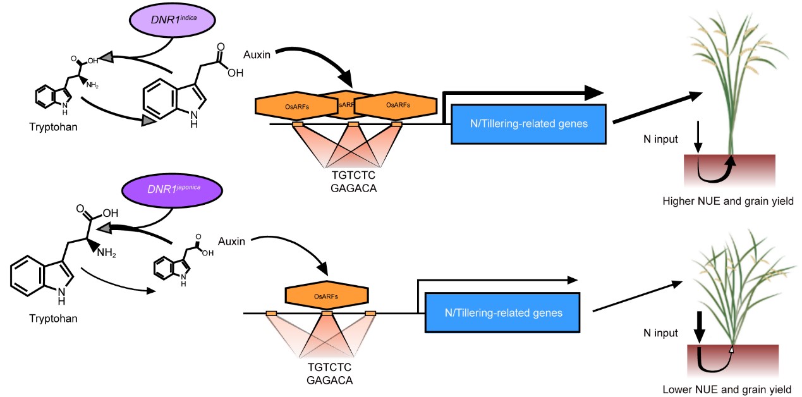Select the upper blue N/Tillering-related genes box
tap(528, 123)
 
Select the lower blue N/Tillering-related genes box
tap(503, 312)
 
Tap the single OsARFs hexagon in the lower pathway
tap(327, 295)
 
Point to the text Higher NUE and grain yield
tap(727, 201)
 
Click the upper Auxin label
tap(257, 55)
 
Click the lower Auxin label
tap(231, 241)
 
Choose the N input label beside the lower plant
tap(660, 333)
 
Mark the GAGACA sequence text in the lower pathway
tap(329, 380)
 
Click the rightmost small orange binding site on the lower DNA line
tap(370, 314)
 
